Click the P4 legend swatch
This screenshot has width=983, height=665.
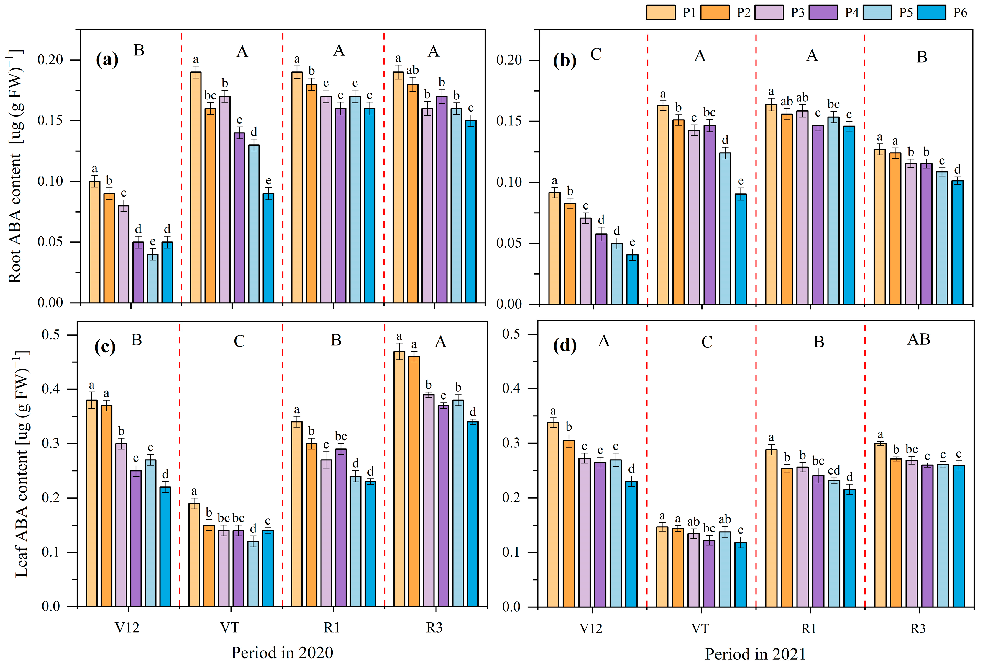(x=823, y=13)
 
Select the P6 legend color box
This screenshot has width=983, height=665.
(x=931, y=13)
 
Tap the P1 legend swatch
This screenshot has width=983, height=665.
(x=661, y=13)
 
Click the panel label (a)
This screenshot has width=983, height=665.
(x=107, y=59)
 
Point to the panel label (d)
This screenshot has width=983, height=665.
(x=565, y=346)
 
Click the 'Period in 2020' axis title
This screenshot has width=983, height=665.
(x=282, y=652)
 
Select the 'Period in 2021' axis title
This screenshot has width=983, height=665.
(x=755, y=654)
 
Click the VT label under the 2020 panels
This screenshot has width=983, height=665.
(x=230, y=627)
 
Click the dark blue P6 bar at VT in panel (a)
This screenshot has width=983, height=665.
(x=268, y=248)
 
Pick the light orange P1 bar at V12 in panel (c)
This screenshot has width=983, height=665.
(x=92, y=503)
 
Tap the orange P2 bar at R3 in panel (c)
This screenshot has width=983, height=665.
(x=414, y=482)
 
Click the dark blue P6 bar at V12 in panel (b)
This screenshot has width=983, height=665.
(x=632, y=280)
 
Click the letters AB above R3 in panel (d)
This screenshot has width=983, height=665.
(x=919, y=339)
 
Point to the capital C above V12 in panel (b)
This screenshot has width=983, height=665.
(x=596, y=54)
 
